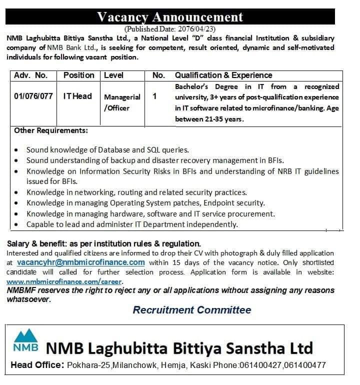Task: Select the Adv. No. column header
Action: [x=31, y=75]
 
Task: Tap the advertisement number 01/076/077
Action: [x=33, y=96]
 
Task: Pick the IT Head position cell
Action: [x=77, y=96]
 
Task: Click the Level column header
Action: [x=113, y=75]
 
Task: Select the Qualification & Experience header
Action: [x=223, y=75]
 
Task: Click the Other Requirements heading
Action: [x=51, y=131]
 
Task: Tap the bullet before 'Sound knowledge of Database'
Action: [x=18, y=150]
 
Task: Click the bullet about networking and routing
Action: [x=18, y=192]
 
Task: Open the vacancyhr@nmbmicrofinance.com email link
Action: [x=80, y=262]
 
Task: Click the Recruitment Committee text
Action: [x=192, y=310]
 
